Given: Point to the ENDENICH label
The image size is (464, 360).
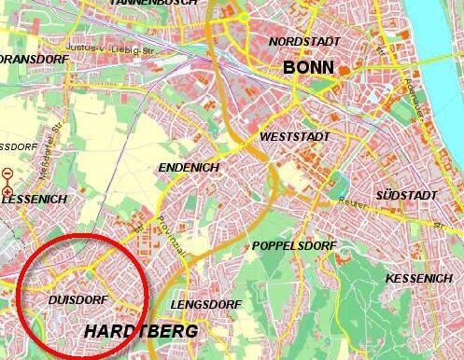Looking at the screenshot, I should coord(190,167).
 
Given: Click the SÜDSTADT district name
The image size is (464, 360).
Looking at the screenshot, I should coord(405,195).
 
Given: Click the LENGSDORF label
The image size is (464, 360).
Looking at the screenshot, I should coord(201,305).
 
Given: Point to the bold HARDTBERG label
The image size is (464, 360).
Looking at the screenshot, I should coord(140,331).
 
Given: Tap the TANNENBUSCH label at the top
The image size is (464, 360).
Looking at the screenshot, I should coord(153,3).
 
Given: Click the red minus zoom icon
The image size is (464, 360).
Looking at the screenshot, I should coord(7,173).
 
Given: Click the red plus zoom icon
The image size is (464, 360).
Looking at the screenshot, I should coord(7,191).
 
